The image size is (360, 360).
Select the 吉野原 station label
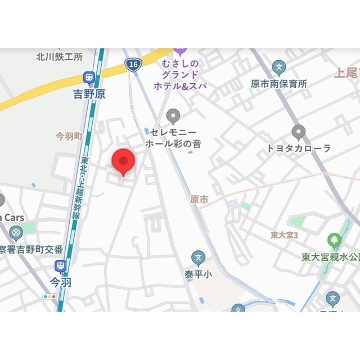[89, 94]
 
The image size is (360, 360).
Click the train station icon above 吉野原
[89, 78]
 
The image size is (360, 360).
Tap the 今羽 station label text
[61, 282]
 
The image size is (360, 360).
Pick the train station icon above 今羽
[60, 266]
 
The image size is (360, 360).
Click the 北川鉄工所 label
[59, 56]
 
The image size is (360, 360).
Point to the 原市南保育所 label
[279, 84]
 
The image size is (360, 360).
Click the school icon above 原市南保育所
[278, 67]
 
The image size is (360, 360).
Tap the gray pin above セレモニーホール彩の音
[174, 116]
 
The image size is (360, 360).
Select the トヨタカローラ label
[299, 148]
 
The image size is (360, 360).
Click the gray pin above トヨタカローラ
[299, 133]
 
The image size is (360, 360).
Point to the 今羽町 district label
[69, 137]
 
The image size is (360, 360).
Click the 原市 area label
[199, 200]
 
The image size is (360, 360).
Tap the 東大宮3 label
[283, 235]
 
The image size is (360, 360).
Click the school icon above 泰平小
[197, 259]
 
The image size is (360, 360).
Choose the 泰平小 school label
[197, 275]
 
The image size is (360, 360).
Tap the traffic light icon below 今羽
[50, 296]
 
